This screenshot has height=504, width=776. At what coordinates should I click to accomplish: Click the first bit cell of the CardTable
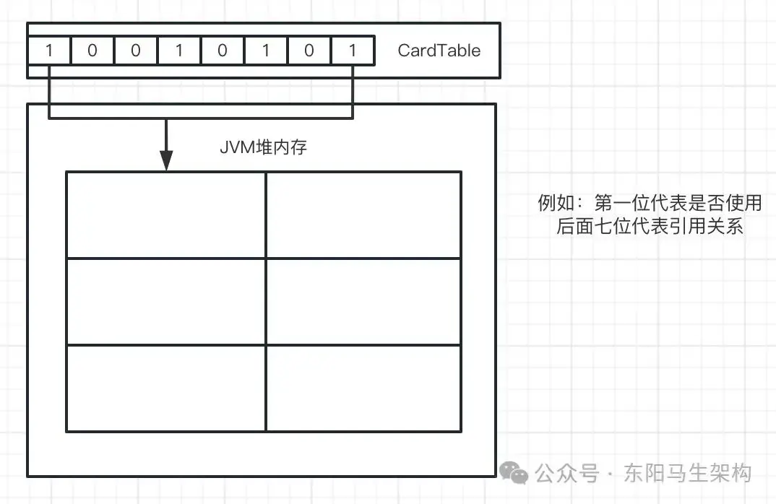(x=49, y=51)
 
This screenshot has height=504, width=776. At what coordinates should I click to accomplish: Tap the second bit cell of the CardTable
(x=92, y=51)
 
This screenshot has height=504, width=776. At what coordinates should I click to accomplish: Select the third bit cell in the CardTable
(x=136, y=51)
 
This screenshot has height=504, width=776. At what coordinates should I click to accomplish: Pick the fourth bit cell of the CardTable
(x=179, y=51)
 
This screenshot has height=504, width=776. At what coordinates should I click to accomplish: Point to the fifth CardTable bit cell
(x=223, y=51)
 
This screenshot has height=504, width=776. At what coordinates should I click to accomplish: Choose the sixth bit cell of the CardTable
(x=266, y=51)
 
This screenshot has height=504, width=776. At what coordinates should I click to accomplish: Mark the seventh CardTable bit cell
(x=309, y=51)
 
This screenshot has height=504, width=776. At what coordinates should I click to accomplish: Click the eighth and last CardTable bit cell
(x=353, y=51)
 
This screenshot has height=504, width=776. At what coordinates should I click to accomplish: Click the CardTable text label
(x=439, y=51)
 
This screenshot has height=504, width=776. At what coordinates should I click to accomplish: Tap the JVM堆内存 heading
(x=264, y=147)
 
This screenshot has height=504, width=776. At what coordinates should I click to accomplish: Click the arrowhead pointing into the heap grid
(x=166, y=160)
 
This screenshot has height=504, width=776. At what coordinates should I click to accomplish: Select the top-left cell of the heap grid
(x=165, y=214)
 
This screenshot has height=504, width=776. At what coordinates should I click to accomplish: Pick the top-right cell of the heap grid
(x=363, y=214)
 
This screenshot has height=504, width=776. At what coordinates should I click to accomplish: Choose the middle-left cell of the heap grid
(x=165, y=301)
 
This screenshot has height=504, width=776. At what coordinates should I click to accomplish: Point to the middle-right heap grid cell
(x=363, y=301)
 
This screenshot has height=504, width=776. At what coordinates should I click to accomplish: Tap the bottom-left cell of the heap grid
(x=165, y=388)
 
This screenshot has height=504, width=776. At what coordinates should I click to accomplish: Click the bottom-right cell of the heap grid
(x=363, y=388)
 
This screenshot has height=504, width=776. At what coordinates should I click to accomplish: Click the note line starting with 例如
(x=650, y=203)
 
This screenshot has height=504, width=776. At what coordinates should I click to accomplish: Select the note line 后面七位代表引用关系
(x=650, y=226)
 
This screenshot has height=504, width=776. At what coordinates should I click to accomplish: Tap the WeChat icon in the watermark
(x=514, y=474)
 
